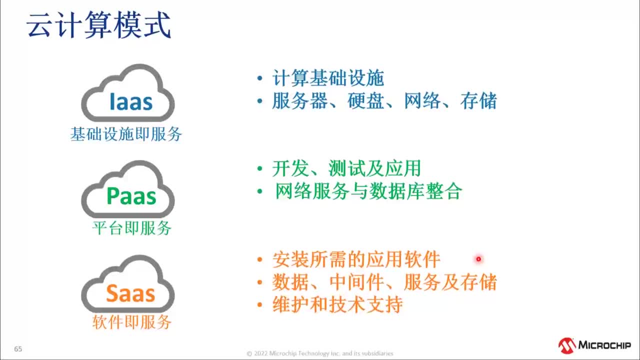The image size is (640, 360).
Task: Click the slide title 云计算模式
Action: [x=98, y=26]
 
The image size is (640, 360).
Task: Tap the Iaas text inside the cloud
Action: [x=131, y=101]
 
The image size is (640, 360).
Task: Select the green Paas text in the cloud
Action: [x=131, y=196]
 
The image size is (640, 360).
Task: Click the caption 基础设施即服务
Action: [x=126, y=134]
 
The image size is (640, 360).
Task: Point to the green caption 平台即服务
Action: [x=132, y=228]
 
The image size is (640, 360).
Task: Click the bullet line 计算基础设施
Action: [x=328, y=78]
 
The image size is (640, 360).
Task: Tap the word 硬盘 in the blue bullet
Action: [x=366, y=101]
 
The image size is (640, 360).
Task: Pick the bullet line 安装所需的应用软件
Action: [x=356, y=259]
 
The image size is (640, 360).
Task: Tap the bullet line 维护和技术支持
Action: [x=337, y=305]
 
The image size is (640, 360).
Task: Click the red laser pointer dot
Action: [x=478, y=259]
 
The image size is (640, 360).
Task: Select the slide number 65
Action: [x=18, y=349]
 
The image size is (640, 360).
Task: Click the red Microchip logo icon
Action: [x=567, y=345]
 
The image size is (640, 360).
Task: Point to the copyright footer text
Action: [x=320, y=353]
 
